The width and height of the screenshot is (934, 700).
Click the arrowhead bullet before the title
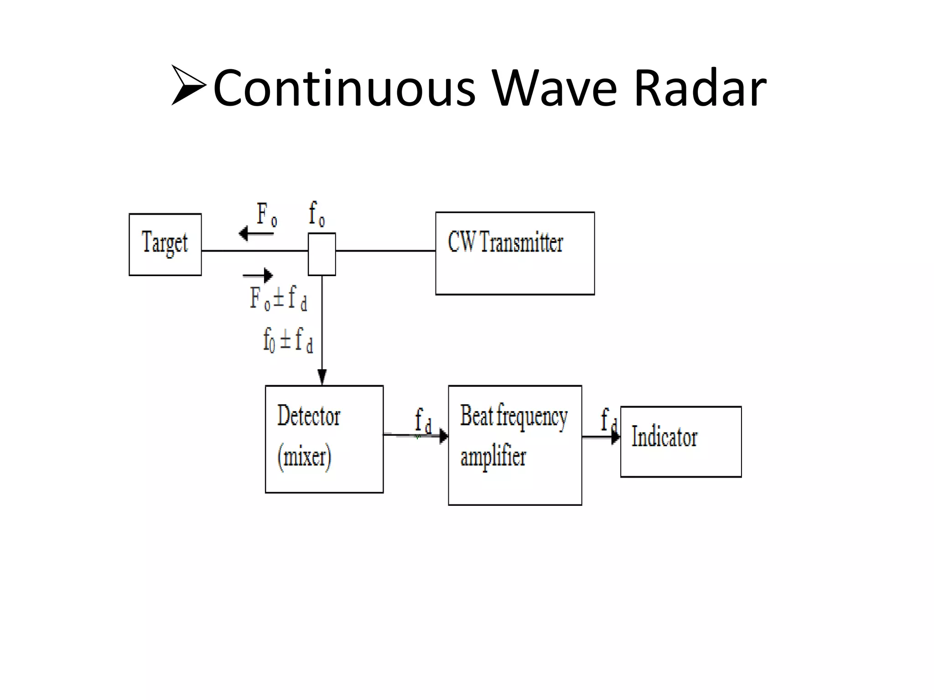189,85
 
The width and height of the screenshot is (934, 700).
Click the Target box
165,245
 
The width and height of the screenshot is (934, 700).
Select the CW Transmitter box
515,253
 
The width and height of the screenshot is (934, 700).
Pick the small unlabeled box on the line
322,254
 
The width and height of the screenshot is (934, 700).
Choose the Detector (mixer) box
324,439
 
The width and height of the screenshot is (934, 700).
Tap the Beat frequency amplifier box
515,445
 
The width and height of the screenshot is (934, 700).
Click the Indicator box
681,442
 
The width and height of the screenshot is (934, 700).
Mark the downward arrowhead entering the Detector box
322,377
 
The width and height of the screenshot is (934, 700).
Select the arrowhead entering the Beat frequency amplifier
443,436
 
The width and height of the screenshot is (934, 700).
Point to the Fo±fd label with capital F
278,298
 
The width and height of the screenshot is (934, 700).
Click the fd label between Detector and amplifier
423,420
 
